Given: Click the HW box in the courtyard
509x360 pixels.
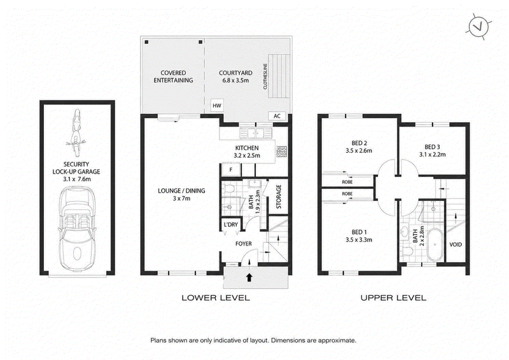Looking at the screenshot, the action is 216,106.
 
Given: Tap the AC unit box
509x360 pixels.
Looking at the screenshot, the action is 277,116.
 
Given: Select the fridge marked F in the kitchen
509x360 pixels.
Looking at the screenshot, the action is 231,169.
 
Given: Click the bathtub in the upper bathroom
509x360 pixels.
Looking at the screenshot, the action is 435,244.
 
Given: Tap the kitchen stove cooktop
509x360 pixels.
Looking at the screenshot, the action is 281,151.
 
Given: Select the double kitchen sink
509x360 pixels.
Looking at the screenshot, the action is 256,133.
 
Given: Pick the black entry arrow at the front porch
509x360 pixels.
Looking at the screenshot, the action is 249,277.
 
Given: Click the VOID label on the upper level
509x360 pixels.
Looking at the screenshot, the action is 456,244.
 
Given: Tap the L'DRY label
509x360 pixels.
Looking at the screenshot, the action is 231,225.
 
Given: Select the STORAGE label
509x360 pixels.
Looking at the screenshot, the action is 279,197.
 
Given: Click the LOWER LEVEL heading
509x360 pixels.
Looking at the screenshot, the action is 216,297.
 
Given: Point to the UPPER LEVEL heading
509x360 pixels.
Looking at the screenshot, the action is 393,297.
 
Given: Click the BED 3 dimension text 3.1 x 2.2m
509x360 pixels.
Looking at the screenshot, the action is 432,155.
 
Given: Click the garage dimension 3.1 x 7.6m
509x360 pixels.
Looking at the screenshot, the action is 76,179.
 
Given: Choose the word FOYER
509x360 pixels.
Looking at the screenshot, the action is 244,244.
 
